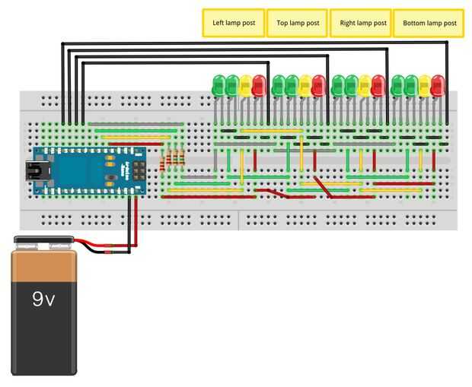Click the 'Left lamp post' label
(x=233, y=23)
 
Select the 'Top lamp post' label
(x=297, y=23)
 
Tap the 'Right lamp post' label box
(x=360, y=23)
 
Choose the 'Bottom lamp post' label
(x=429, y=23)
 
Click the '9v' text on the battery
(x=43, y=300)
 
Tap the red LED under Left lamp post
(x=258, y=84)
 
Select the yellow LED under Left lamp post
(x=245, y=84)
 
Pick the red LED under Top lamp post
(x=318, y=84)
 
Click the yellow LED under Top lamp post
(x=305, y=84)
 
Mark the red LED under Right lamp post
(x=378, y=84)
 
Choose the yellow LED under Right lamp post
(x=365, y=84)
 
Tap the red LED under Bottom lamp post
(x=437, y=84)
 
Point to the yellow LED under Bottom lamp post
(x=424, y=84)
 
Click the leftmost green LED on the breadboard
(x=218, y=84)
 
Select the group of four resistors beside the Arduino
(x=174, y=159)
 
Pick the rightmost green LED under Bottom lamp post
(x=411, y=84)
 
